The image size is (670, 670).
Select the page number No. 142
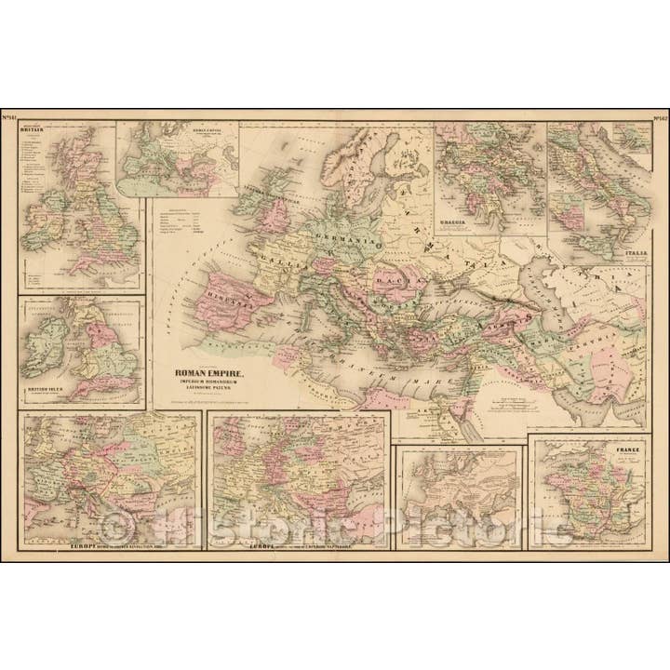coord(659,116)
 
